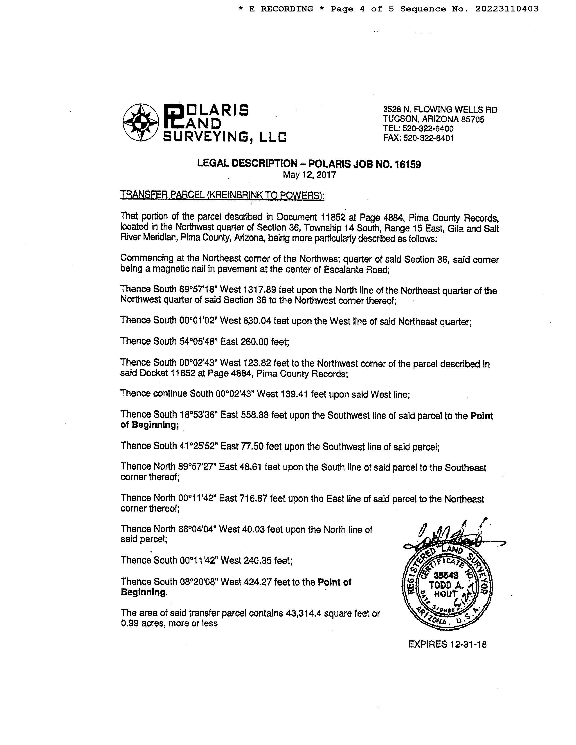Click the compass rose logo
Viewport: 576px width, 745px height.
coord(141,122)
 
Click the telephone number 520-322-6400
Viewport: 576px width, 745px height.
coord(428,129)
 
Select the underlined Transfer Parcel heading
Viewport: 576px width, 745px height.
coord(222,195)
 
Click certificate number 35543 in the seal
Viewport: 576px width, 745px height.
coord(446,575)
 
